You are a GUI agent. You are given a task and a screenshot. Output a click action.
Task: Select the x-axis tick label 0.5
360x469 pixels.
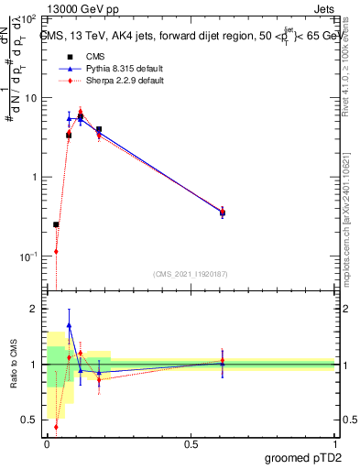[x=190, y=442]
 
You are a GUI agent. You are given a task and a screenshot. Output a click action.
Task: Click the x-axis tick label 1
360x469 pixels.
[x=334, y=442]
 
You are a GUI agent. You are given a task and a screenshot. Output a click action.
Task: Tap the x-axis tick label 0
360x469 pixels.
[x=47, y=442]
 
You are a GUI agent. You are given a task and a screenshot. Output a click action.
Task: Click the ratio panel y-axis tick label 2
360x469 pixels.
[x=34, y=309]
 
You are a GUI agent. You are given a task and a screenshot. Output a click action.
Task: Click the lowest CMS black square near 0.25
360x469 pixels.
[x=56, y=224]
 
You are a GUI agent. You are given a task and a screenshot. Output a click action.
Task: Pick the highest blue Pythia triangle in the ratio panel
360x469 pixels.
[x=69, y=325]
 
